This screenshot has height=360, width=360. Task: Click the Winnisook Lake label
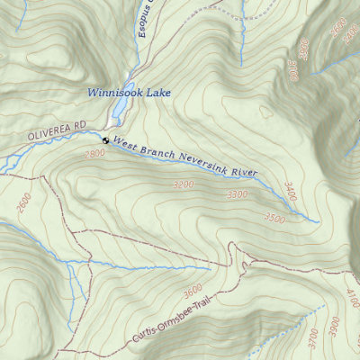click(128, 92)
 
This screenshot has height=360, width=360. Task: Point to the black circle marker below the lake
click(104, 140)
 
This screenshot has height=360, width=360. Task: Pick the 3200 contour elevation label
click(182, 184)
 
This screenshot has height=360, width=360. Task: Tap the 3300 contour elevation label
click(237, 194)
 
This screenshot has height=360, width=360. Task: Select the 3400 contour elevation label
click(290, 190)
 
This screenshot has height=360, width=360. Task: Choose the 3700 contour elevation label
click(312, 337)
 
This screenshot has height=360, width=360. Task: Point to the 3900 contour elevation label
click(335, 323)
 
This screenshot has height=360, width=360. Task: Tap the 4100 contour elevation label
click(352, 298)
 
